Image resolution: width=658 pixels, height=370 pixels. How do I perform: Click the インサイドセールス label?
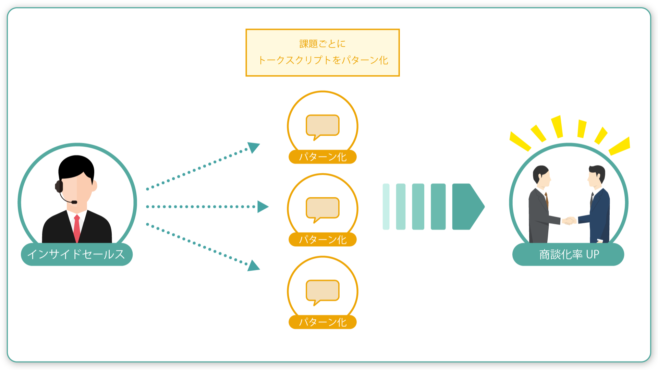click(x=77, y=254)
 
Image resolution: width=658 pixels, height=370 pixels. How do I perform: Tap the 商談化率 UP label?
click(x=568, y=254)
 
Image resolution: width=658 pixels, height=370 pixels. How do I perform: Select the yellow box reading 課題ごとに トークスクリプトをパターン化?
click(x=322, y=52)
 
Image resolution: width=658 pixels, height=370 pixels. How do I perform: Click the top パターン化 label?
click(x=322, y=157)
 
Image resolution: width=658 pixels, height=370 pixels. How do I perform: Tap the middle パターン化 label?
click(x=322, y=239)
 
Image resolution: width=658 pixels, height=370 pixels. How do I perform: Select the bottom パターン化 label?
click(x=322, y=322)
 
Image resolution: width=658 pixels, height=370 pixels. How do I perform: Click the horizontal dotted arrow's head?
click(x=263, y=207)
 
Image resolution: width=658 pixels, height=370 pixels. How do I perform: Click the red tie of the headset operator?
click(x=77, y=229)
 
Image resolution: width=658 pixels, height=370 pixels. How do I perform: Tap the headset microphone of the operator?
click(x=74, y=202)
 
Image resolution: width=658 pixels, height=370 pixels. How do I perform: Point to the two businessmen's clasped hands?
click(x=569, y=221)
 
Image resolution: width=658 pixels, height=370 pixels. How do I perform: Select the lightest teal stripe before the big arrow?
click(x=386, y=207)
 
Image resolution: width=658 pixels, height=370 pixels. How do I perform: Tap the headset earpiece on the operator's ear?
click(x=59, y=186)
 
